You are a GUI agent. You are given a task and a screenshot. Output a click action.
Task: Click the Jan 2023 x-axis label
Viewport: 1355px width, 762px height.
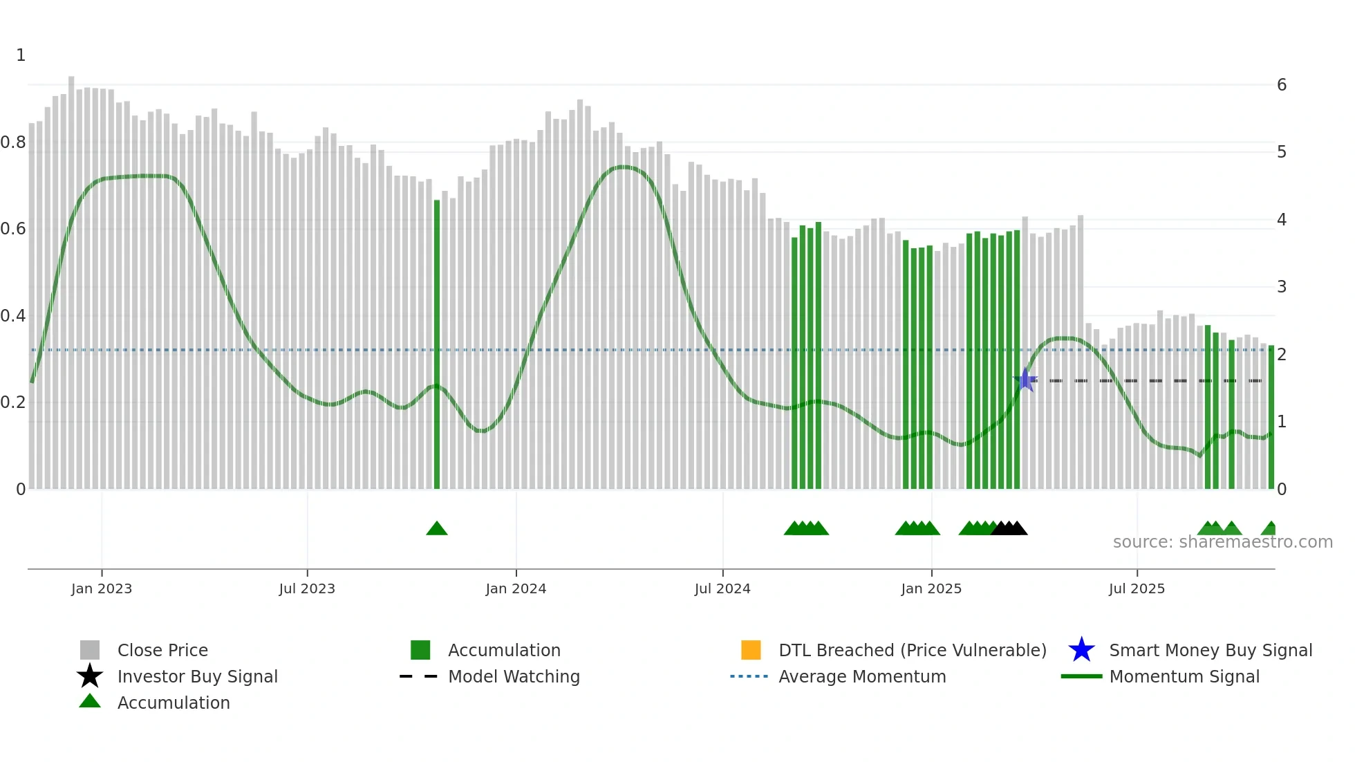click(x=101, y=588)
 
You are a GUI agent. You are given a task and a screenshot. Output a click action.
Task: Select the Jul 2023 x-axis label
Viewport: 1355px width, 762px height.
click(x=307, y=588)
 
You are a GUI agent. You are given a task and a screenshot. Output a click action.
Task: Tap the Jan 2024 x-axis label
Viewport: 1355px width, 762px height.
click(x=516, y=588)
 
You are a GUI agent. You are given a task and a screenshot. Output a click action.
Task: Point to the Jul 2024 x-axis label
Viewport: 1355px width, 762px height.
click(x=722, y=588)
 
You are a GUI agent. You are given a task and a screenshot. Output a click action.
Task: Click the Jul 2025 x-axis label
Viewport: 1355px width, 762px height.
click(x=1137, y=588)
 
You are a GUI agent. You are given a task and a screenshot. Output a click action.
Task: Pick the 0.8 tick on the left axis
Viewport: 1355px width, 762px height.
click(x=14, y=142)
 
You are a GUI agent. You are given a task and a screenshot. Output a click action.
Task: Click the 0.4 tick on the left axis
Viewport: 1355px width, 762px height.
click(x=14, y=316)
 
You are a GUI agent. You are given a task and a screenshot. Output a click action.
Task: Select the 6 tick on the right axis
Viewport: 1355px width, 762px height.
click(x=1282, y=85)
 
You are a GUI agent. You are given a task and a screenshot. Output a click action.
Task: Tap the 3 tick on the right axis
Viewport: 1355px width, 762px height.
click(x=1282, y=287)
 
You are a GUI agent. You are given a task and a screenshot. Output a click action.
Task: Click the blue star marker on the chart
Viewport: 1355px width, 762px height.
click(x=1025, y=380)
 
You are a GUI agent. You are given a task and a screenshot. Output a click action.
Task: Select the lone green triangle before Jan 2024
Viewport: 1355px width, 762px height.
click(x=437, y=529)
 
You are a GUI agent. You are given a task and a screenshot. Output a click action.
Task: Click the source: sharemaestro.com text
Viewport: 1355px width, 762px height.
click(x=1222, y=542)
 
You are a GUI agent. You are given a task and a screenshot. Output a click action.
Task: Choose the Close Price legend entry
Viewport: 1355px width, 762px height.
click(x=162, y=650)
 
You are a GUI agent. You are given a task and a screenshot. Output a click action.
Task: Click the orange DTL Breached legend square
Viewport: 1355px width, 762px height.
click(x=751, y=650)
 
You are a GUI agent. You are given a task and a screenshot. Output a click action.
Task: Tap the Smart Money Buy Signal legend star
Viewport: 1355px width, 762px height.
click(x=1081, y=650)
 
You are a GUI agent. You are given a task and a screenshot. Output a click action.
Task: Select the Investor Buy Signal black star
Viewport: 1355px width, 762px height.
click(x=90, y=676)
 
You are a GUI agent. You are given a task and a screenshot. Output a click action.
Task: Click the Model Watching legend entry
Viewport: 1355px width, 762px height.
click(x=513, y=676)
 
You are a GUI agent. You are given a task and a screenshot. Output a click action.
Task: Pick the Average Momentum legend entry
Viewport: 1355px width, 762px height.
click(x=861, y=676)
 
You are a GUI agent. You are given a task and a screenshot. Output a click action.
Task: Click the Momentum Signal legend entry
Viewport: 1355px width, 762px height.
click(x=1184, y=676)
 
